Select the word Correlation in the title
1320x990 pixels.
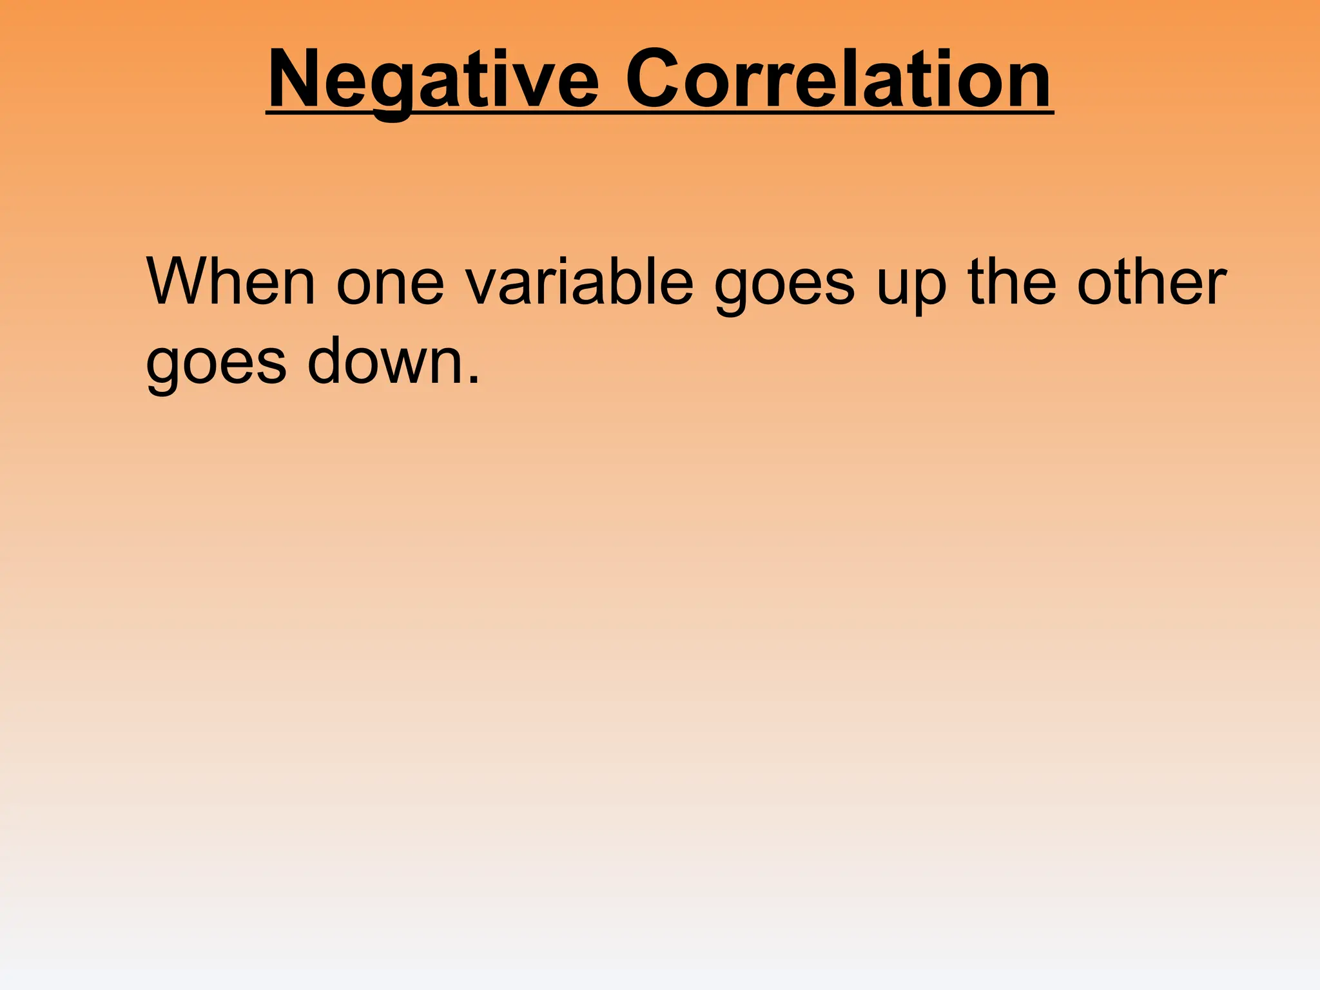(x=839, y=80)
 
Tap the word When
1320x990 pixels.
(x=231, y=282)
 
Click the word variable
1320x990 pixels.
(x=579, y=282)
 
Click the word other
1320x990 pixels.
(x=1151, y=282)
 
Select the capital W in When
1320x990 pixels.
(x=177, y=282)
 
